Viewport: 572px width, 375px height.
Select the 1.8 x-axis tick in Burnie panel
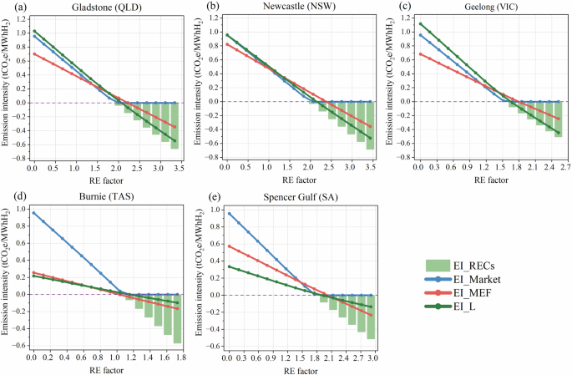point(180,357)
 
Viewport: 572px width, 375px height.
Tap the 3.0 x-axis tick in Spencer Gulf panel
point(373,357)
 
